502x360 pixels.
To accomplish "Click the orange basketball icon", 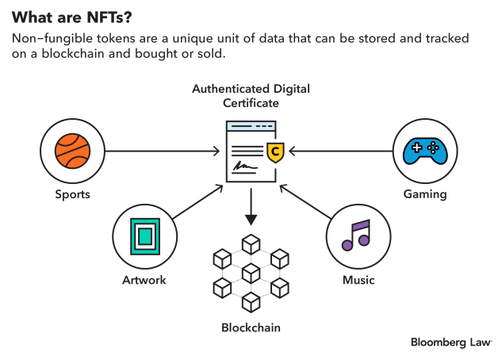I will coord(72,151).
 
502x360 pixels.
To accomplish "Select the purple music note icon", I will coord(357,236).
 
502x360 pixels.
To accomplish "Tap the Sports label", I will coord(72,194).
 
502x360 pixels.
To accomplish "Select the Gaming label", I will coord(424,194).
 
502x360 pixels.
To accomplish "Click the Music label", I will coord(358,280).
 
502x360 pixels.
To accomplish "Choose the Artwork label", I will coord(144,280).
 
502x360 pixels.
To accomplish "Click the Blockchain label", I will coord(251,327).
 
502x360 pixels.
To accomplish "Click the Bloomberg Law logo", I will coord(450,342).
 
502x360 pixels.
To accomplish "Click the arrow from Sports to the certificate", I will coord(163,151).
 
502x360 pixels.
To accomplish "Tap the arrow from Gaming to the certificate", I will coord(341,151).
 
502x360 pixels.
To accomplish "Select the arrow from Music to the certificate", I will coord(305,201).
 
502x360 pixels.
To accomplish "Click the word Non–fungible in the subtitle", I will coord(45,39).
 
